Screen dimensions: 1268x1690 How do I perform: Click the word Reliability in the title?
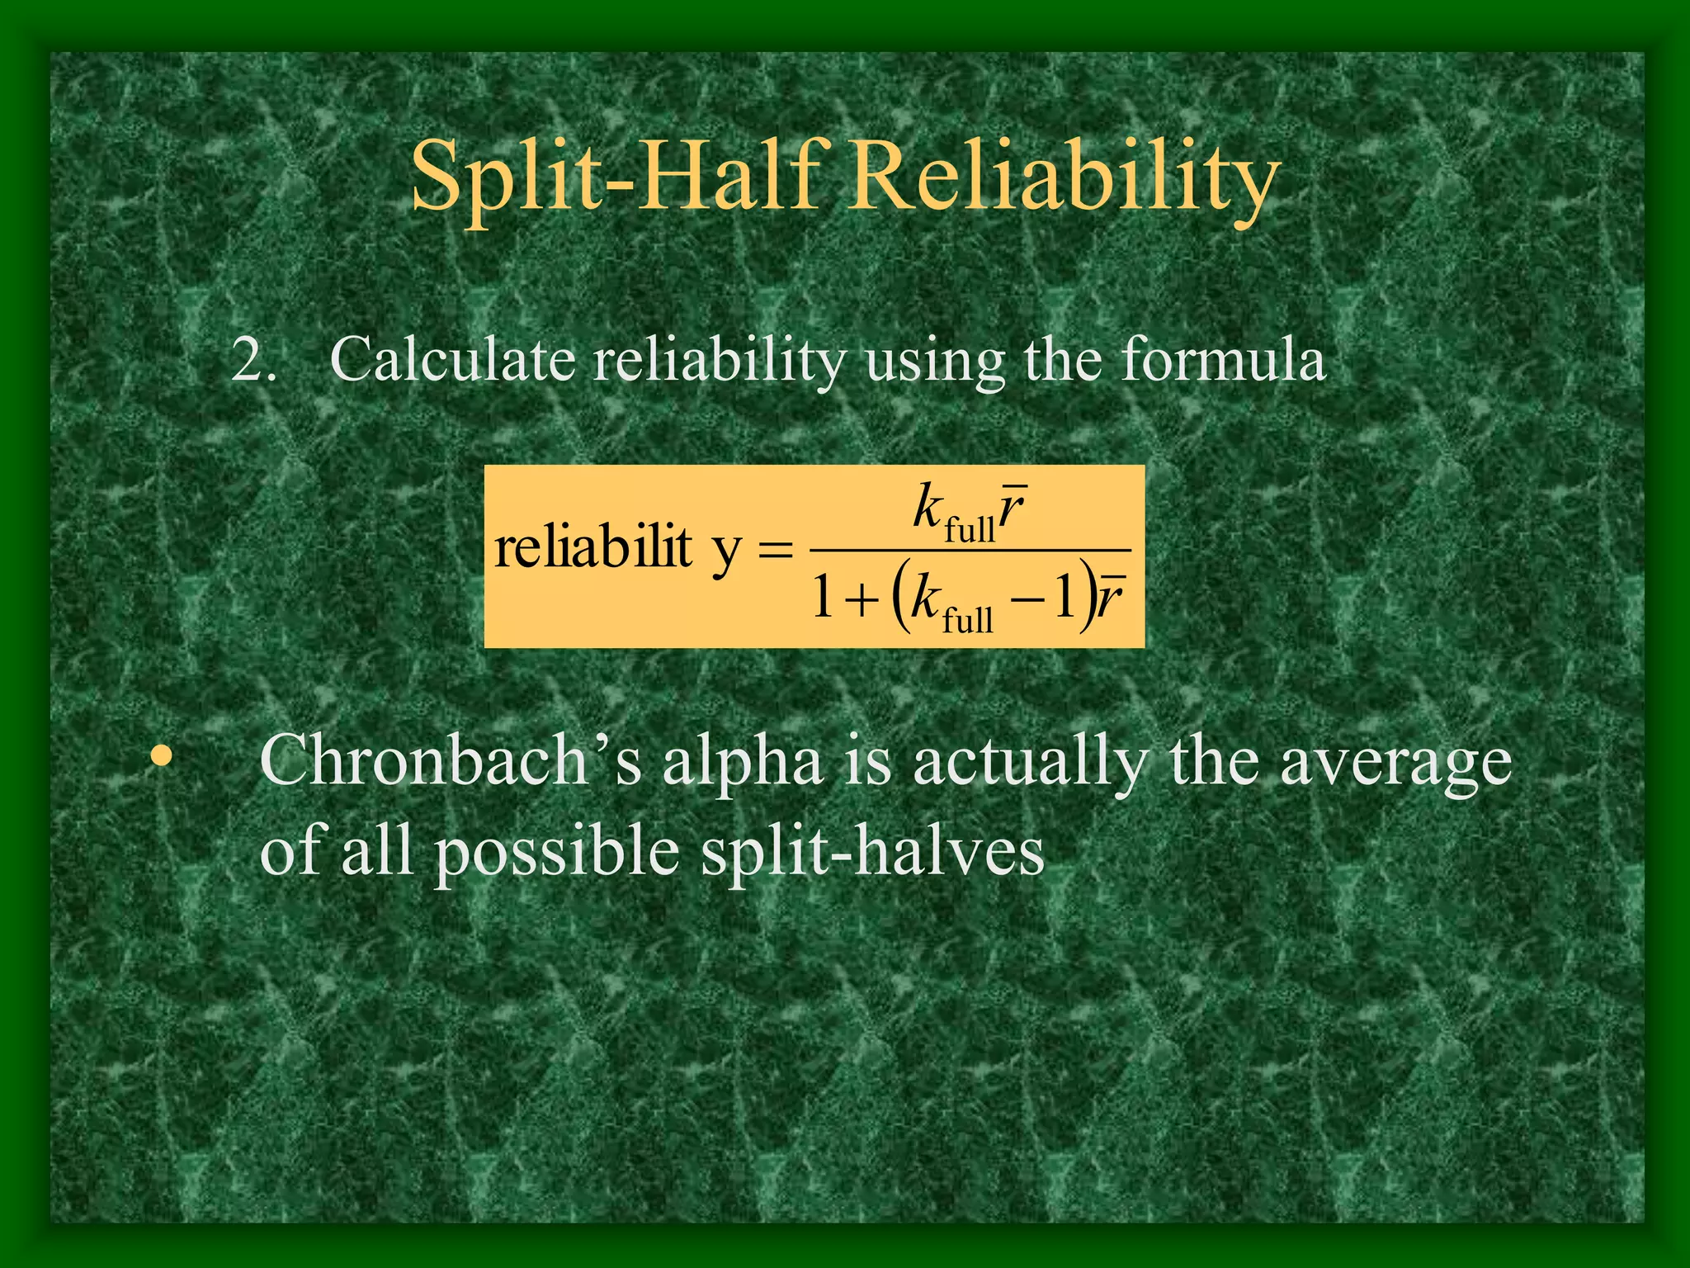click(1065, 177)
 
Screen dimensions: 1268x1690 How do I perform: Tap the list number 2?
click(253, 360)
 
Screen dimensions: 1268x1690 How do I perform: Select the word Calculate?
click(452, 360)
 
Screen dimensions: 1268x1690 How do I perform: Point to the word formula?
click(1222, 360)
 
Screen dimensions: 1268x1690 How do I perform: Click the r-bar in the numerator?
click(1012, 509)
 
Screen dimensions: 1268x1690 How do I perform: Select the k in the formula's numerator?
click(928, 507)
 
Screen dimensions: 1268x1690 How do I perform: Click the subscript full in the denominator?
click(967, 618)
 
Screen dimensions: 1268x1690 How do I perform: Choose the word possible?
click(557, 853)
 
